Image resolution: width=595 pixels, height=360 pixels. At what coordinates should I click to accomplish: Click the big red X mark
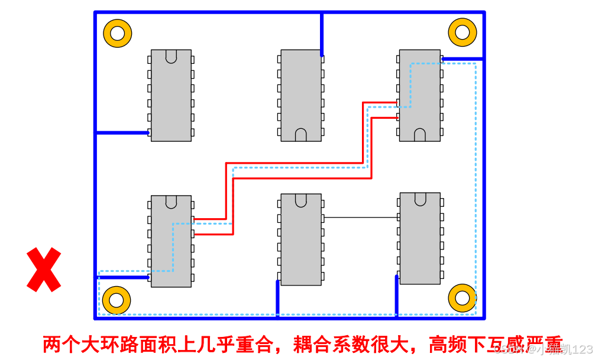point(44,270)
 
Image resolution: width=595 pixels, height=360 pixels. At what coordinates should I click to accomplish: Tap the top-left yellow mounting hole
point(117,33)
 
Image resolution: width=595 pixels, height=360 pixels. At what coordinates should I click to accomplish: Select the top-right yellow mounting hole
point(462,32)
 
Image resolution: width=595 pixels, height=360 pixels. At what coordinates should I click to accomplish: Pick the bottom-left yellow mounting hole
point(117,300)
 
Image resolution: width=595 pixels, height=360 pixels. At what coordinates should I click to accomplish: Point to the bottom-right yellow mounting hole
point(462,298)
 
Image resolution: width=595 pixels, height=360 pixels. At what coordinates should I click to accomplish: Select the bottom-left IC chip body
point(171,241)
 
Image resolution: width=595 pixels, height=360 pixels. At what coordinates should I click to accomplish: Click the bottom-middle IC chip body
point(301,239)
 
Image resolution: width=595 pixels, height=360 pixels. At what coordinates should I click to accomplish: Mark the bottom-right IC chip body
point(420,238)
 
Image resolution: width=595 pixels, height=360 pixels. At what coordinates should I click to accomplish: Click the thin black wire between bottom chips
point(361,218)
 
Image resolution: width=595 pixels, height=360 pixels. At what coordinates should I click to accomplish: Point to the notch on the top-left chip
point(171,56)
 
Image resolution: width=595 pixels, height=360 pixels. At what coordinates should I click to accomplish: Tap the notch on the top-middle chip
point(301,135)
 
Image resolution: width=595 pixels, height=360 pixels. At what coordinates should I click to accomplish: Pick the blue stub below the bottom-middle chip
point(277,299)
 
